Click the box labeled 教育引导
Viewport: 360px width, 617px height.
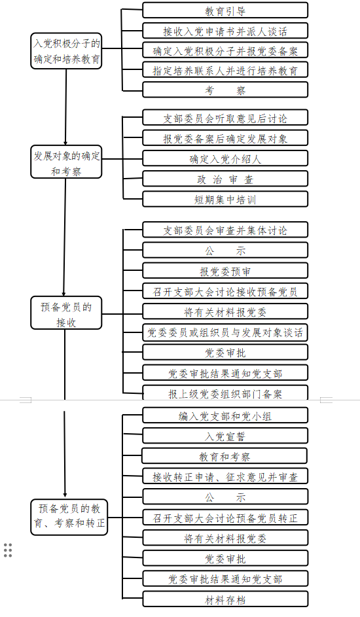pos(225,10)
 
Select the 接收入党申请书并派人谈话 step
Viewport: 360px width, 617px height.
pos(225,31)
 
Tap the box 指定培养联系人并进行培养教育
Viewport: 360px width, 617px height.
pos(225,70)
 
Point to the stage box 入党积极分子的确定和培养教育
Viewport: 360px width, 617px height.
pos(66,51)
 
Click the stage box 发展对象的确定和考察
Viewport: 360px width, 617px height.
pos(66,162)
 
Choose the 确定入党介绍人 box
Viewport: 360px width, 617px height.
pos(225,158)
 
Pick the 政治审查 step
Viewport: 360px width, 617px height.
pos(225,179)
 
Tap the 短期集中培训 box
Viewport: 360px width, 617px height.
pos(225,199)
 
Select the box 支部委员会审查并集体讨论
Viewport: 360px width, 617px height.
pos(225,230)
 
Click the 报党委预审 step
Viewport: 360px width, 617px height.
pos(225,271)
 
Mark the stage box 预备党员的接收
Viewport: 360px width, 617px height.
pos(66,313)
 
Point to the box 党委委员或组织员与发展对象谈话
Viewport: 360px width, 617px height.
pos(225,332)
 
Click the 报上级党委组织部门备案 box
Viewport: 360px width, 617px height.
pos(225,393)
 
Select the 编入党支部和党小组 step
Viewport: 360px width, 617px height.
pos(225,415)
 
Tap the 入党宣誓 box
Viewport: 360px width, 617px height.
pos(225,436)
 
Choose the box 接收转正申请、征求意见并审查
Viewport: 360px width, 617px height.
pos(225,476)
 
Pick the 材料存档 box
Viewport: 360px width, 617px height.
pos(225,599)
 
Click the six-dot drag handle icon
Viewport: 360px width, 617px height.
pos(8,550)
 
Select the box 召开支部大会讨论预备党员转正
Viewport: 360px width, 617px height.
pos(225,518)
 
